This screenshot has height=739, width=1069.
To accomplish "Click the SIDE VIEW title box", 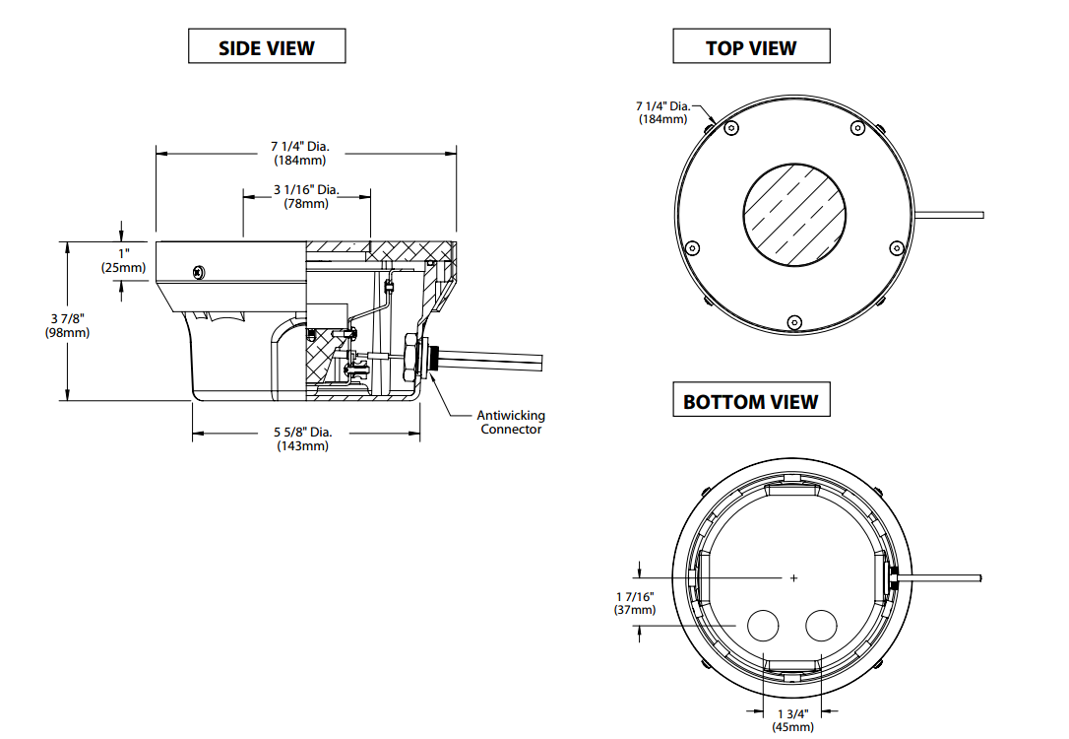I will (267, 47).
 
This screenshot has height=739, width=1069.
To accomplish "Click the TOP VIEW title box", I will (751, 47).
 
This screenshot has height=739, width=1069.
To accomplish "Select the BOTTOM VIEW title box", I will (751, 401).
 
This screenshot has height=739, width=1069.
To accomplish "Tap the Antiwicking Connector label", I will (511, 422).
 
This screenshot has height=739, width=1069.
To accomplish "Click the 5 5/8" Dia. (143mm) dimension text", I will (302, 438).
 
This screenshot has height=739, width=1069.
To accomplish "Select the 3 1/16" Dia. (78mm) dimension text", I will (307, 197).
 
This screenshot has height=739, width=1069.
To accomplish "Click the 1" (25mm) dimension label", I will (123, 260).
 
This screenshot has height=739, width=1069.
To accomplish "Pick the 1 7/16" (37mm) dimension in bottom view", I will (634, 603).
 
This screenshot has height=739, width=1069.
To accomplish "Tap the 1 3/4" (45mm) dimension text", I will (793, 719).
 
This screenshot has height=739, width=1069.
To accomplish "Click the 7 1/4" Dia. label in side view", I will (301, 153).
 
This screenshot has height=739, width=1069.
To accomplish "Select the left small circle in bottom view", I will (764, 625).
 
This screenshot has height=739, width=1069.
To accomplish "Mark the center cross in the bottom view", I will (794, 577).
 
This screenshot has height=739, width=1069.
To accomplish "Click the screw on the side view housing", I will (200, 271).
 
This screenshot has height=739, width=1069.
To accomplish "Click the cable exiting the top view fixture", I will (950, 214).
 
